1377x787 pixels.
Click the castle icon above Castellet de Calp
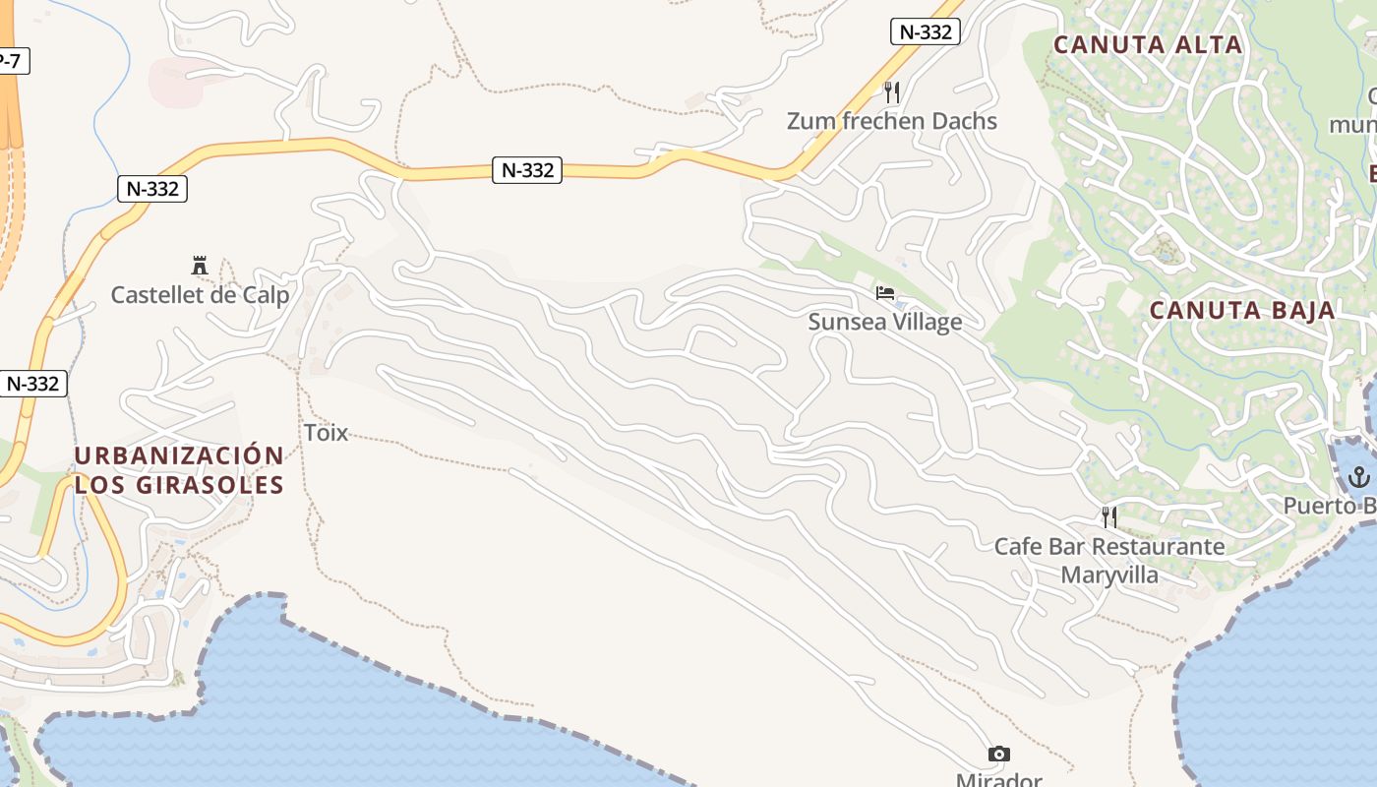point(200,265)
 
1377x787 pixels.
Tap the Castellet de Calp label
point(200,295)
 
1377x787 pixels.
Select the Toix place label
point(326,432)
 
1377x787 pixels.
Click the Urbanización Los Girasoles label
point(179,470)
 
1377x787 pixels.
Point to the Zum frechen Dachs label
point(891,121)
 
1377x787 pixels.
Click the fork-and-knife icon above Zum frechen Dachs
point(892,92)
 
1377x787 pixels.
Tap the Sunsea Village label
point(884,322)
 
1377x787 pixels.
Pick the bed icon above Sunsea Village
point(885,293)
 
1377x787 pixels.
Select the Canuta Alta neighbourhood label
point(1148,44)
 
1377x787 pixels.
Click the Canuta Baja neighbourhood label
point(1242,311)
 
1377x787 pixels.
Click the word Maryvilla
point(1108,575)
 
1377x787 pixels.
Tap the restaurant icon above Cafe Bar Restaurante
point(1109,517)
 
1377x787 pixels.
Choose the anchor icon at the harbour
point(1359,477)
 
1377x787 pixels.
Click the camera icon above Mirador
point(998,755)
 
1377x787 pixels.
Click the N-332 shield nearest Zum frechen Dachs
point(925,31)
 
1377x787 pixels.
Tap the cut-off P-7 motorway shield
point(11,61)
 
